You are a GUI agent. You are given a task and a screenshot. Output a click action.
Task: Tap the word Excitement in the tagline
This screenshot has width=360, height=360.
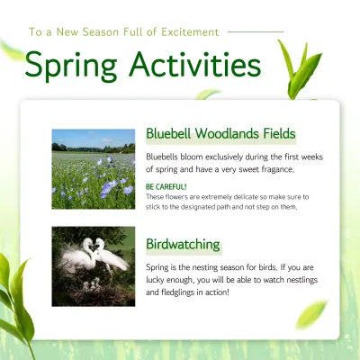tap(183, 32)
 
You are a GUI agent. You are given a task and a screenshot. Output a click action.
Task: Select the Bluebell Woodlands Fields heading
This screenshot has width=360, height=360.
tap(220, 135)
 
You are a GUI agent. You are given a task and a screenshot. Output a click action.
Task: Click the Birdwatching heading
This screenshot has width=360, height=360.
tap(183, 245)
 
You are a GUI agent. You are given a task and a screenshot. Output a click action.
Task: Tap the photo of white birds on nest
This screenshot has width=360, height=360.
tap(93, 266)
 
